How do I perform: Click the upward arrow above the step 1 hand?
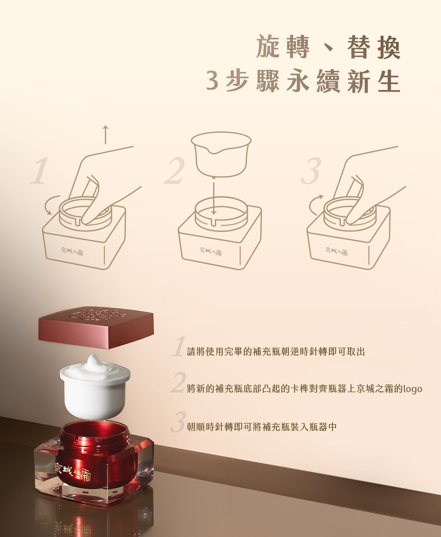105,134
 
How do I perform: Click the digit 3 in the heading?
212,82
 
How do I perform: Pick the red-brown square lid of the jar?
96,327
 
